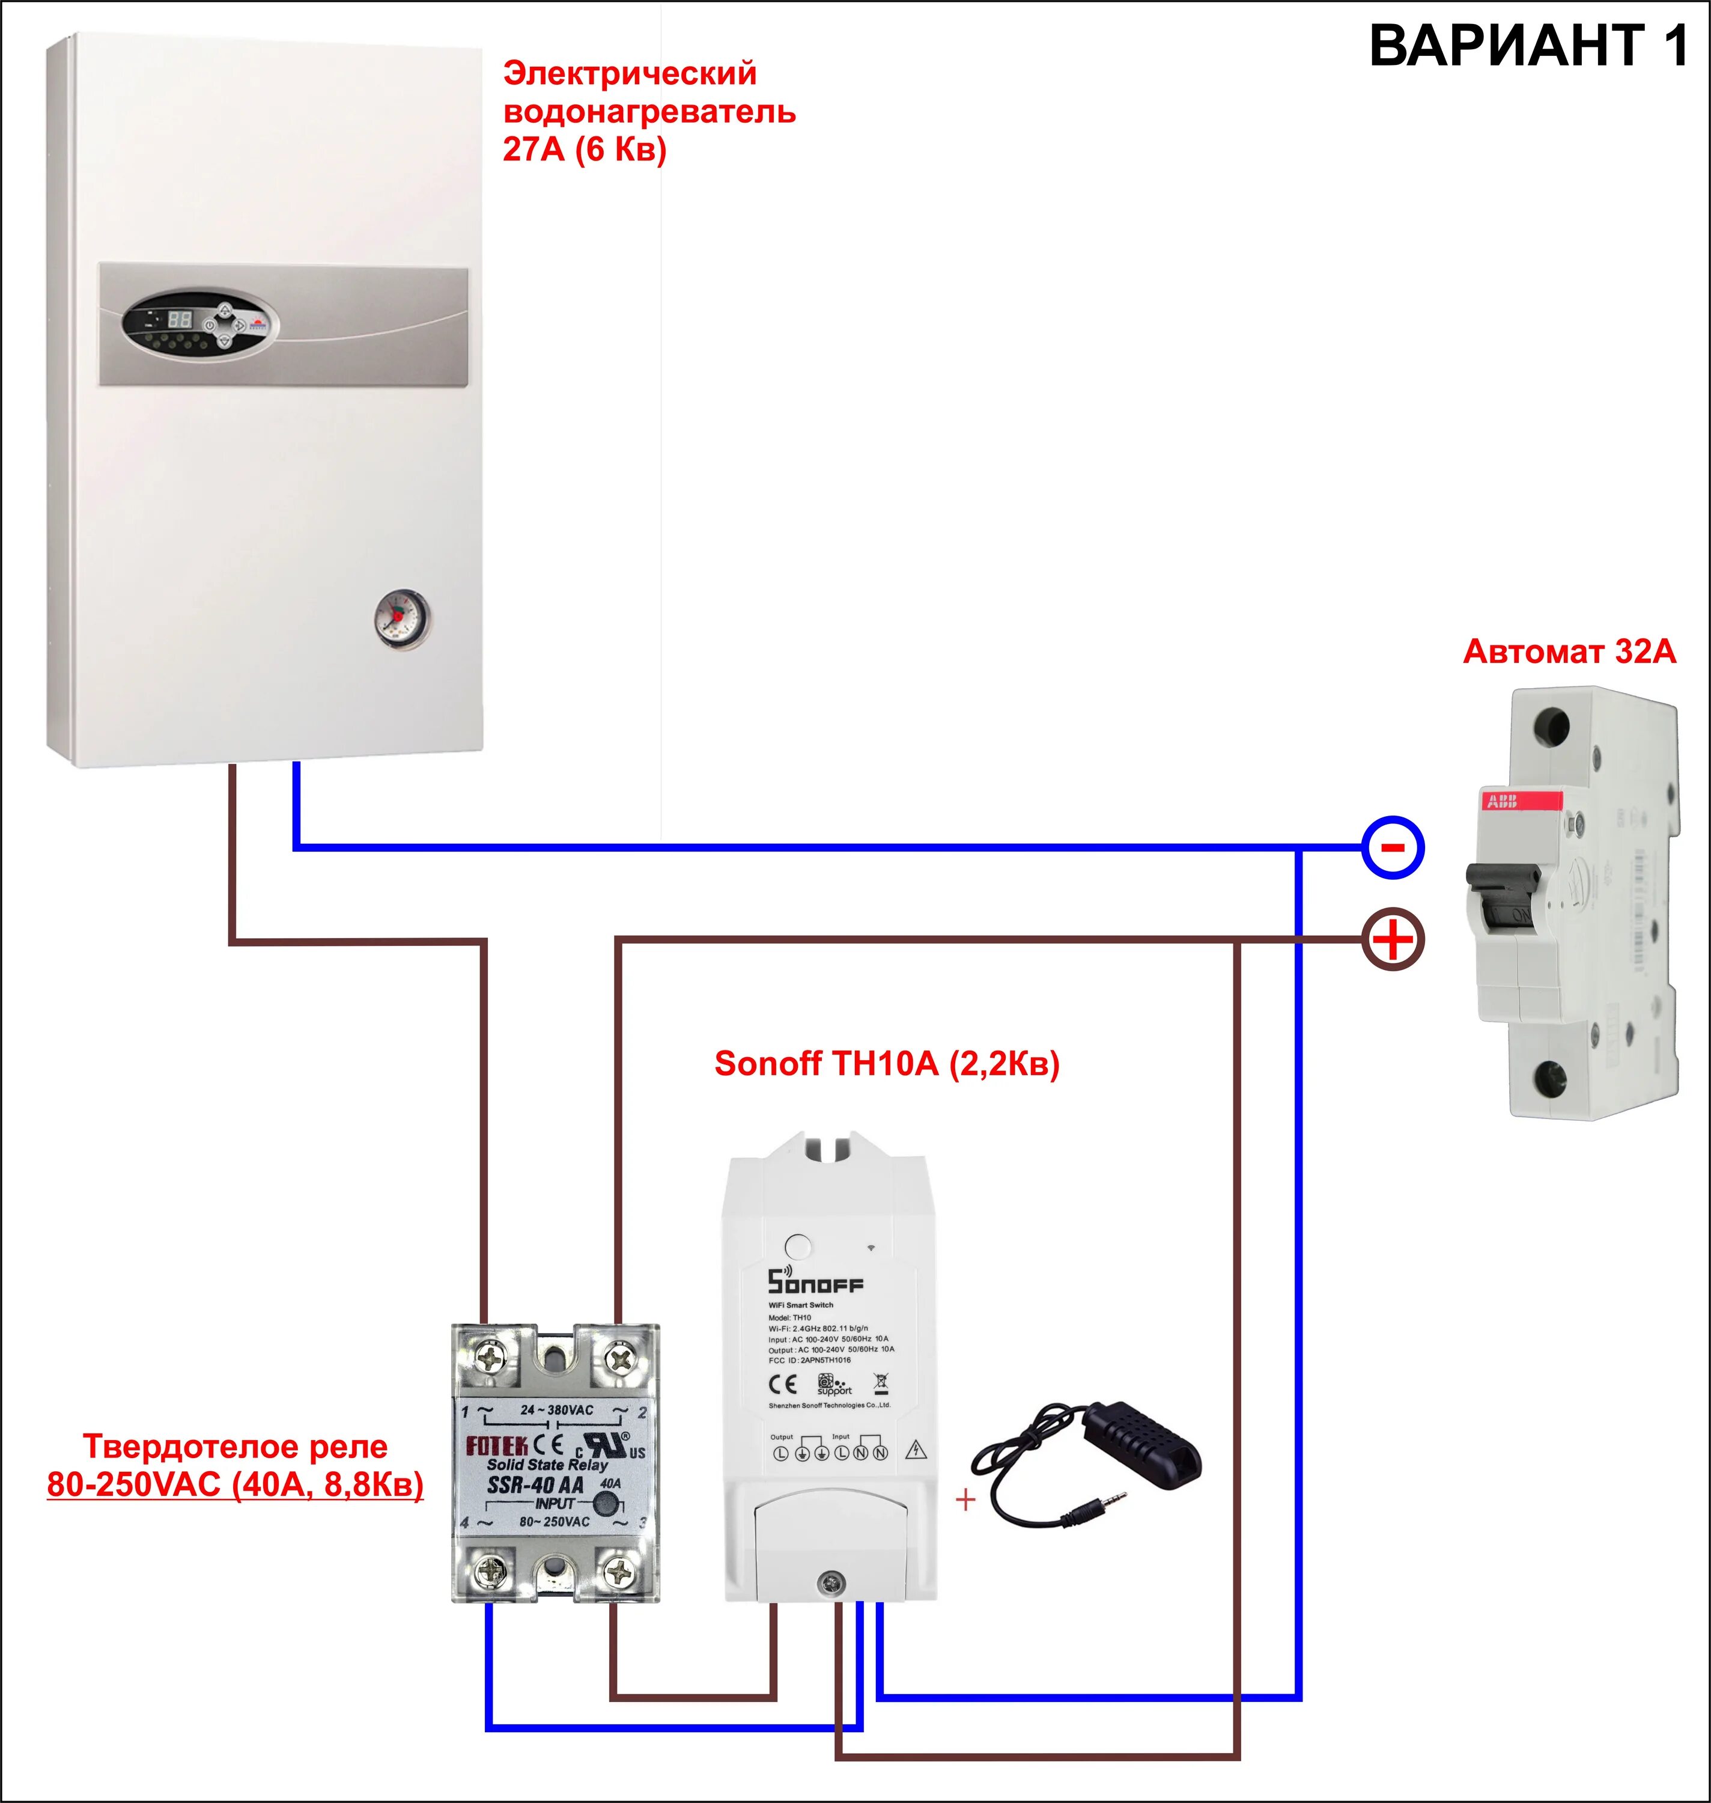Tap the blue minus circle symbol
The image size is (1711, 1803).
pos(1393,847)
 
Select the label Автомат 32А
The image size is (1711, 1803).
pos(1569,651)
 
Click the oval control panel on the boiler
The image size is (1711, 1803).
pos(201,324)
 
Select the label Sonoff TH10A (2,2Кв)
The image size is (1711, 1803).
pos(887,1064)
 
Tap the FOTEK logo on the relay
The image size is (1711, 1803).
pos(497,1446)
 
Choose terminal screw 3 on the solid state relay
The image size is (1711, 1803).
pos(619,1571)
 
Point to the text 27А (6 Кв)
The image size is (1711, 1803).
pos(585,148)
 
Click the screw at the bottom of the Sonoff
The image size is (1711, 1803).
pos(830,1582)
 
